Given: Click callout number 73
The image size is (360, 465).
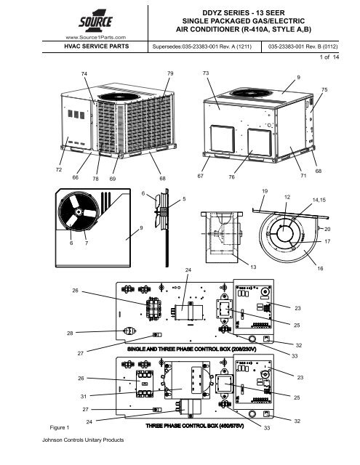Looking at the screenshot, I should (206, 75).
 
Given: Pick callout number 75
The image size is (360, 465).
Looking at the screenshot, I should (324, 89).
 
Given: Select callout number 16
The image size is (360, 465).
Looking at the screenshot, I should (319, 268).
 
